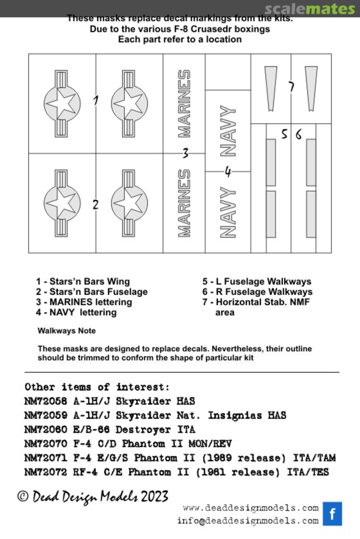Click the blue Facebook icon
(332, 514)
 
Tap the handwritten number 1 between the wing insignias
(96, 100)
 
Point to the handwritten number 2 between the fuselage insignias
(95, 204)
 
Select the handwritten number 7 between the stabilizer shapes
(291, 87)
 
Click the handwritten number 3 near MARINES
(185, 153)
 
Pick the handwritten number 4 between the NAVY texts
(228, 172)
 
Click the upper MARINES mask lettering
(184, 104)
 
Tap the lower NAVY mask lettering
(228, 212)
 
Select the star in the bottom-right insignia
(129, 203)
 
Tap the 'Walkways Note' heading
(67, 331)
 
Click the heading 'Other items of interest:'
(97, 387)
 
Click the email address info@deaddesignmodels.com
(248, 521)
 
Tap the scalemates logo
(310, 8)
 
